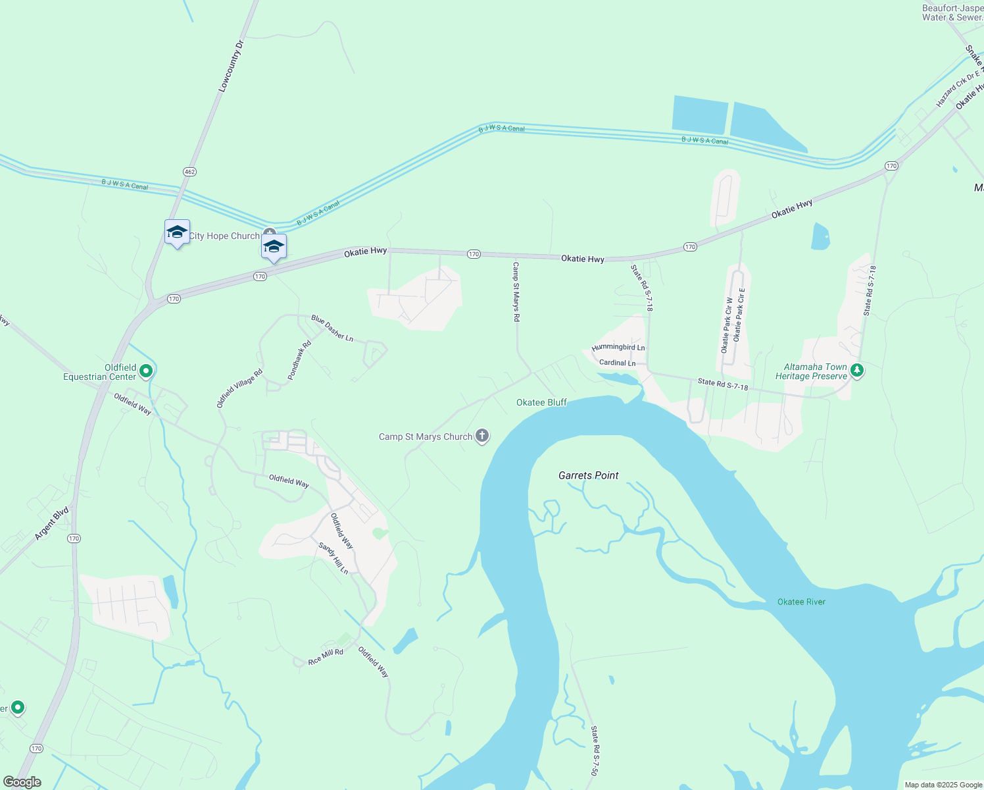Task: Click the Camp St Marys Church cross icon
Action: point(482,436)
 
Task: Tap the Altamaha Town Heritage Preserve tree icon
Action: point(856,371)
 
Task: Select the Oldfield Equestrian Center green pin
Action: point(146,371)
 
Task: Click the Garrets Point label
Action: point(588,475)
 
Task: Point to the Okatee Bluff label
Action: point(541,402)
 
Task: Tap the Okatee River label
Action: point(801,602)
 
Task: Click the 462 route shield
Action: point(189,172)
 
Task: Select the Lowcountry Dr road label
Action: point(231,65)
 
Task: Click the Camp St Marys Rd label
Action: point(516,292)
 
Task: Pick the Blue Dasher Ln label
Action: point(332,329)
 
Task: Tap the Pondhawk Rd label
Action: point(299,360)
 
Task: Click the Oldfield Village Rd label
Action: point(239,388)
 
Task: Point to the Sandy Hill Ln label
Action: point(333,558)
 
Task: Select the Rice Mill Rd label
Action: point(326,656)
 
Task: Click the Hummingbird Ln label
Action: point(618,348)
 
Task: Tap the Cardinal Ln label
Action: point(617,363)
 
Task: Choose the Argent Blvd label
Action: point(51,524)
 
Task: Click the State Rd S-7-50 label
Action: point(595,750)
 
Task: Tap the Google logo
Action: point(22,782)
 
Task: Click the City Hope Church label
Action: point(224,236)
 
